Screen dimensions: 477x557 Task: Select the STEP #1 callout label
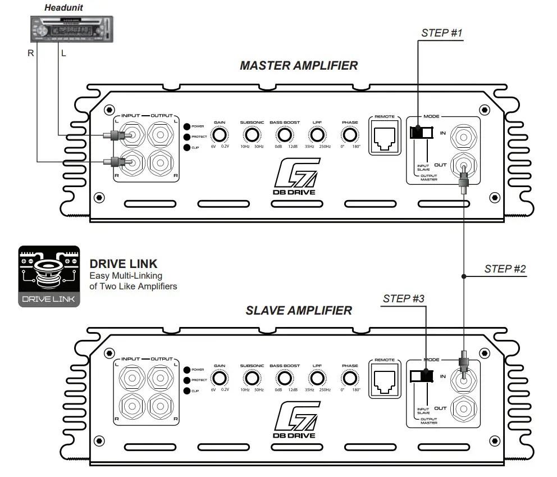[x=441, y=33]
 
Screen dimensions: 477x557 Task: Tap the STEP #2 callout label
[x=505, y=269]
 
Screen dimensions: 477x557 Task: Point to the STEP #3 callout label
[x=403, y=298]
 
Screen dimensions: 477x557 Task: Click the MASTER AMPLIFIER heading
[x=298, y=65]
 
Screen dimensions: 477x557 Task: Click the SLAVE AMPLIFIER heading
[x=299, y=310]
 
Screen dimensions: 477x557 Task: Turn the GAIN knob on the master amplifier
[x=219, y=135]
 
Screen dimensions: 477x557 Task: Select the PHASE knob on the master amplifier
[x=350, y=135]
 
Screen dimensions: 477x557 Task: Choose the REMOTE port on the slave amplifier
[x=385, y=380]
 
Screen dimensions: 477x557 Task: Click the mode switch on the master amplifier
[x=422, y=133]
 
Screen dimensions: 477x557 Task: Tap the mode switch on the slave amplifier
[x=422, y=376]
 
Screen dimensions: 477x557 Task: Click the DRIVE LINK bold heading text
[x=124, y=264]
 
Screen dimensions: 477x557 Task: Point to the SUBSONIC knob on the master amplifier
[x=252, y=135]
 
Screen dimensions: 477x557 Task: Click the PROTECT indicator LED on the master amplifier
[x=187, y=137]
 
